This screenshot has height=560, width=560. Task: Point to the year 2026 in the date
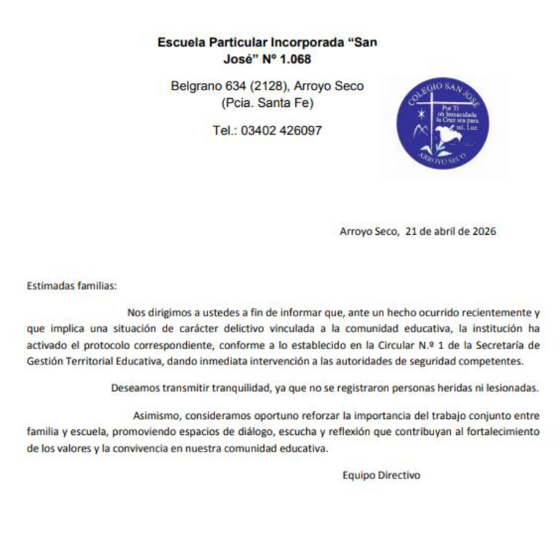click(484, 232)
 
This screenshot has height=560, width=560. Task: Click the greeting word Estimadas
click(49, 286)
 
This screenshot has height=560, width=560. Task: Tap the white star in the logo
click(420, 115)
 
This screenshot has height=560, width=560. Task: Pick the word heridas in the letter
click(454, 388)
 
